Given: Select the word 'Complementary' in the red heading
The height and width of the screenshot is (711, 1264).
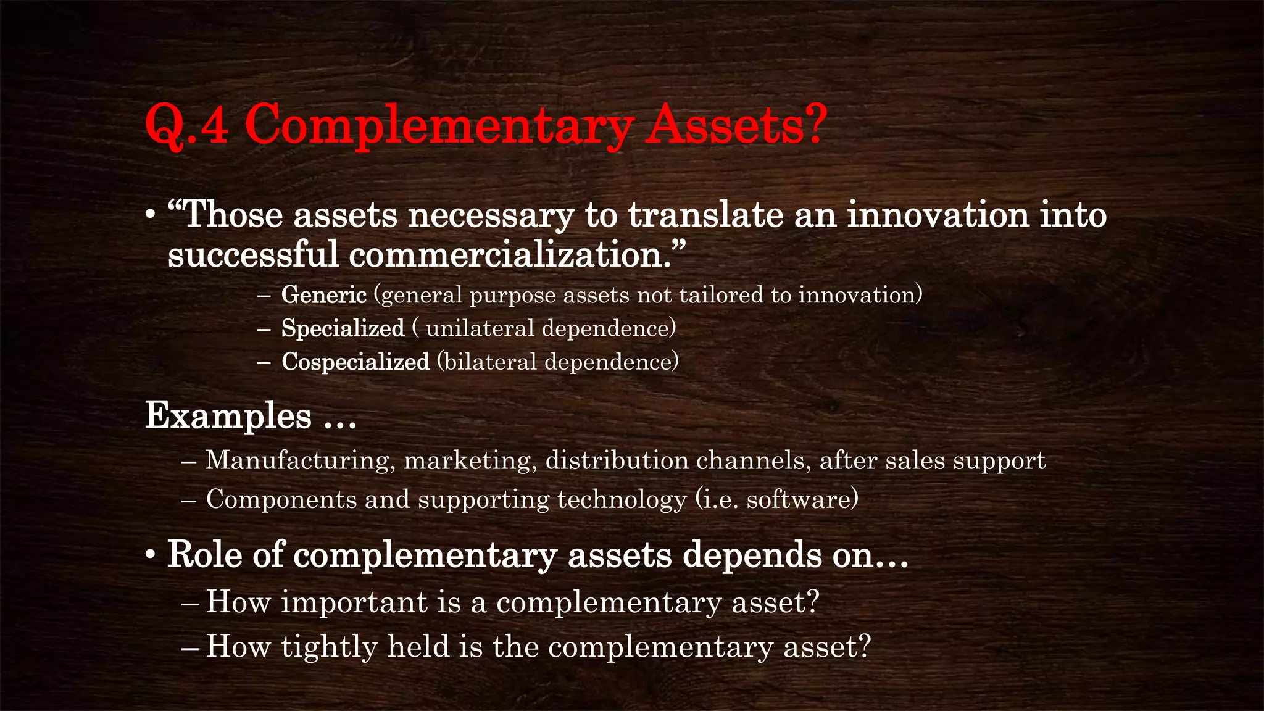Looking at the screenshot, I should click(439, 126).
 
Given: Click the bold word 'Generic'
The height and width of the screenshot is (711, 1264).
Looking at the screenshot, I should click(324, 295).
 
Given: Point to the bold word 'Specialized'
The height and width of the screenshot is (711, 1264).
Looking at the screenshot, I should click(343, 328).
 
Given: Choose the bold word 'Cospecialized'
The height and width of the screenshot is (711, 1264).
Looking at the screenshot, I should click(355, 362).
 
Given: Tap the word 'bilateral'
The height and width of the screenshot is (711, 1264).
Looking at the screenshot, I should click(490, 362).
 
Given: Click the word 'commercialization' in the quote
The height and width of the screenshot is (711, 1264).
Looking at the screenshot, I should click(505, 254).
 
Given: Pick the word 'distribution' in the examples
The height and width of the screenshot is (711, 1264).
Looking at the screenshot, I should click(617, 461).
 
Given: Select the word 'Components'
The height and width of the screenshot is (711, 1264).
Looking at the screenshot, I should click(281, 499).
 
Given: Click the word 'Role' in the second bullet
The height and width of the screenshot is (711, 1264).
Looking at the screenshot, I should click(204, 554).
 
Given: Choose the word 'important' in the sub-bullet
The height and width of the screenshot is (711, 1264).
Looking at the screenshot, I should click(354, 602).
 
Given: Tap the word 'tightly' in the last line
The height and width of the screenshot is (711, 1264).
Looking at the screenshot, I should click(330, 647).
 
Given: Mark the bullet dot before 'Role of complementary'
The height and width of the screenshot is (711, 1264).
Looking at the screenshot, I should click(150, 555).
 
